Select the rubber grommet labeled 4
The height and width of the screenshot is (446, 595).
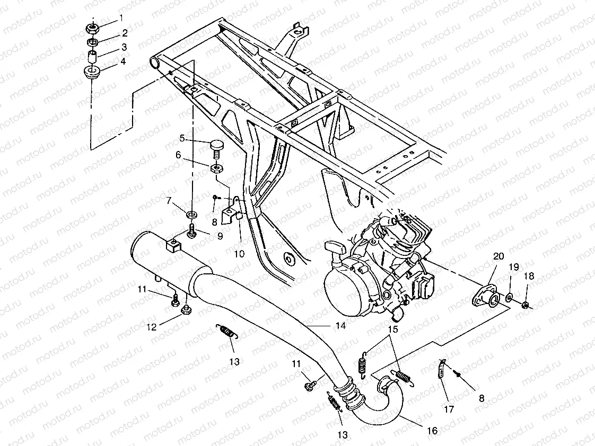(x=92, y=72)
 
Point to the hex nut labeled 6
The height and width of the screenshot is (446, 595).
(x=216, y=169)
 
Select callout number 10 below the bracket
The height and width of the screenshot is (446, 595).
(x=239, y=254)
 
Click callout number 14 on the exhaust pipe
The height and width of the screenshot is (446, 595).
(x=340, y=326)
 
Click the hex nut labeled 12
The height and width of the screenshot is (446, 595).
(x=186, y=310)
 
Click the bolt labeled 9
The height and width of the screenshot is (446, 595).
(x=190, y=231)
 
